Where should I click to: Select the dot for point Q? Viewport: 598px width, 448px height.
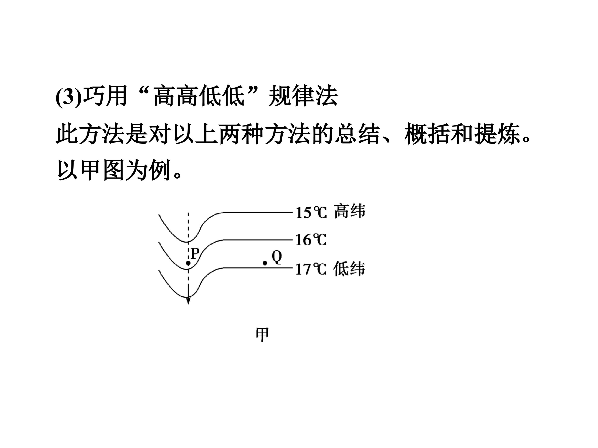click(x=265, y=263)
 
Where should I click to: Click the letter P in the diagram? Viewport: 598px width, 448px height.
click(x=195, y=254)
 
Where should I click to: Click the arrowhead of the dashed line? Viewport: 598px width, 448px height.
click(x=188, y=301)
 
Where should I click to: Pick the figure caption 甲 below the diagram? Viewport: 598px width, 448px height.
click(x=262, y=335)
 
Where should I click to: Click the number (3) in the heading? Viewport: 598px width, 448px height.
click(x=68, y=96)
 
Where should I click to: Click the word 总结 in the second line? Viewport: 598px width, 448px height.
click(x=357, y=133)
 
